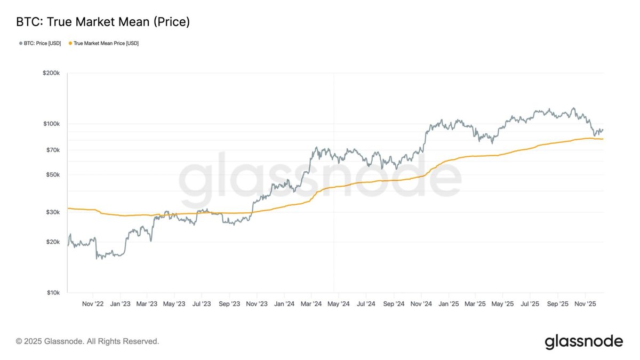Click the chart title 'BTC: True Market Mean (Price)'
pyautogui.click(x=103, y=22)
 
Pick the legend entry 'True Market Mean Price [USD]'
pyautogui.click(x=106, y=43)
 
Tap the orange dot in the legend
pyautogui.click(x=70, y=43)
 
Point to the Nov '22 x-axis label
pyautogui.click(x=93, y=304)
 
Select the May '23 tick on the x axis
pyautogui.click(x=174, y=304)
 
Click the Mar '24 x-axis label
pyautogui.click(x=311, y=304)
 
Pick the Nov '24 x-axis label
pyautogui.click(x=421, y=304)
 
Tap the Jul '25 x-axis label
pyautogui.click(x=530, y=304)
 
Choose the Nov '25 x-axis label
pyautogui.click(x=586, y=304)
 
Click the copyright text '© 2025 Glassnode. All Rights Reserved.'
pyautogui.click(x=87, y=341)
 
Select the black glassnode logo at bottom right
pyautogui.click(x=583, y=341)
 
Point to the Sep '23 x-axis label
pyautogui.click(x=229, y=304)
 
